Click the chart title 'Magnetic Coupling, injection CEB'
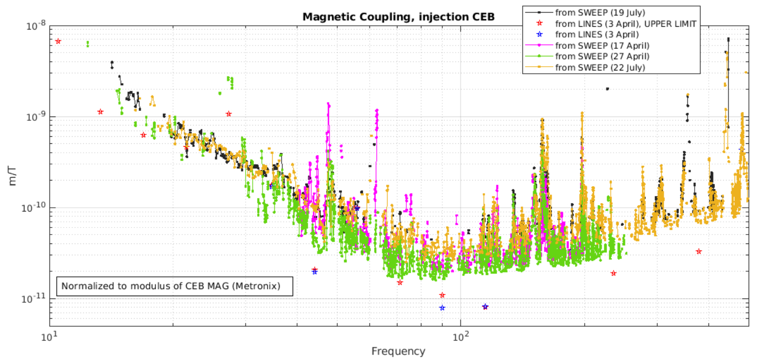(398, 17)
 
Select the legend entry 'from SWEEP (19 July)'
(600, 13)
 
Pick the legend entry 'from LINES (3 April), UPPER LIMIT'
(625, 23)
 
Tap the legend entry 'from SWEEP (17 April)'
(602, 46)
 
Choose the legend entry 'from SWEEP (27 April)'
(602, 56)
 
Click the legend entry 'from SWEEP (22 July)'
(600, 68)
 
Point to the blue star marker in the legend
(539, 34)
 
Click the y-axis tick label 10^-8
(35, 26)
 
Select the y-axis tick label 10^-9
(35, 117)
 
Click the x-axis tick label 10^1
(49, 337)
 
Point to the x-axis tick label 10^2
(460, 337)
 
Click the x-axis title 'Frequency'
(398, 351)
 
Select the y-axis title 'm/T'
(13, 176)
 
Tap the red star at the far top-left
(58, 41)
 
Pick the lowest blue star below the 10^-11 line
(442, 308)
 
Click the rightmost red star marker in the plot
(699, 251)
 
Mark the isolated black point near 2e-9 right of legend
(607, 88)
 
